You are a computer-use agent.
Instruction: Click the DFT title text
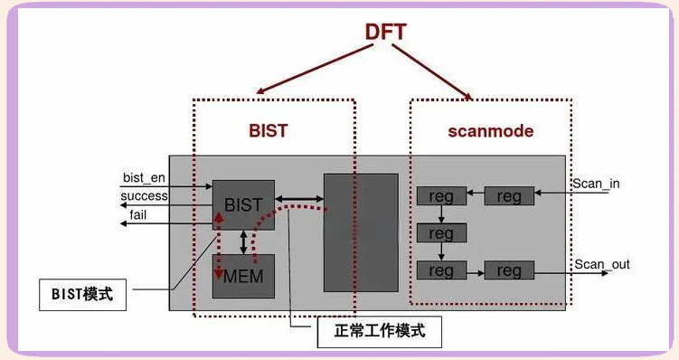385,32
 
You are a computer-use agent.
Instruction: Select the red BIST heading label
269,130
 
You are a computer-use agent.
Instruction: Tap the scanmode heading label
490,131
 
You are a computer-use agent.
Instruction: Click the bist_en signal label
144,177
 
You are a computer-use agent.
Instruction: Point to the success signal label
145,195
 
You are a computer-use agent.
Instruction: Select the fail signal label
138,213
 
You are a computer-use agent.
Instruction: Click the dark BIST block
243,205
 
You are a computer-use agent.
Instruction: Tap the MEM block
243,275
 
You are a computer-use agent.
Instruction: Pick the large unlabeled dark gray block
362,232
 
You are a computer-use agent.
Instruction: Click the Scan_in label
596,184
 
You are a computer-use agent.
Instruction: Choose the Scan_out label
601,264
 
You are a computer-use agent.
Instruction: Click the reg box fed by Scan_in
509,196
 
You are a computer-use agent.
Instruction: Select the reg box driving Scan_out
509,270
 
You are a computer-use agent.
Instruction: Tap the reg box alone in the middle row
441,233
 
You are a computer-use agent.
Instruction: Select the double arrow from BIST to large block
300,197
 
